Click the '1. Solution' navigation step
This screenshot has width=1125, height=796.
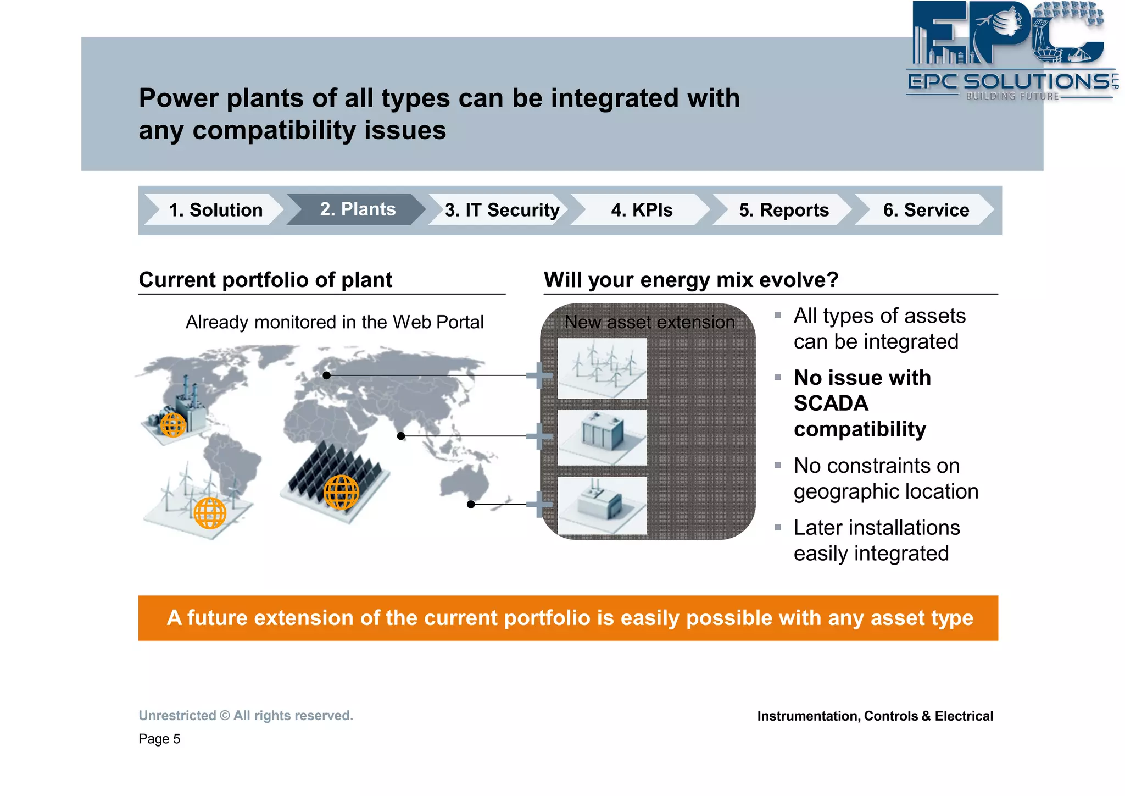pos(215,210)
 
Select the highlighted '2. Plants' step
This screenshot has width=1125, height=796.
pos(358,209)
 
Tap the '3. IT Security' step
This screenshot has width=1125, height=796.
pos(502,210)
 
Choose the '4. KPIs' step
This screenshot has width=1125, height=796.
pos(642,210)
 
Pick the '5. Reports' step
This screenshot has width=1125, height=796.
pos(783,210)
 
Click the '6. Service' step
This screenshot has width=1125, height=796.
pos(926,210)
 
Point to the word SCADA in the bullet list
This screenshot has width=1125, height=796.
pos(831,403)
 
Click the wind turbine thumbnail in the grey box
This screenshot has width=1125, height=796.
pos(602,368)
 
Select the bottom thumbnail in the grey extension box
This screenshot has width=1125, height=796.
pos(602,505)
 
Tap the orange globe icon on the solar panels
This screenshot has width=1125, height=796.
pos(341,492)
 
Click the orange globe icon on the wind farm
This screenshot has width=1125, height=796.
pos(210,512)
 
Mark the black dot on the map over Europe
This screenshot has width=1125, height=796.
pos(327,375)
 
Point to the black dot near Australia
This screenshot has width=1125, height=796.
pos(471,504)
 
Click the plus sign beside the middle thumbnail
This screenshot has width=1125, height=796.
pos(539,436)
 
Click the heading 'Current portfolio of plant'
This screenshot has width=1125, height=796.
pos(265,280)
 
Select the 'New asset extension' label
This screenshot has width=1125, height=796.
pos(649,322)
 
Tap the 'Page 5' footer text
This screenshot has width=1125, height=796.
pos(159,739)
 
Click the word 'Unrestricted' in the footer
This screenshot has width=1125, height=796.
pos(177,716)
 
